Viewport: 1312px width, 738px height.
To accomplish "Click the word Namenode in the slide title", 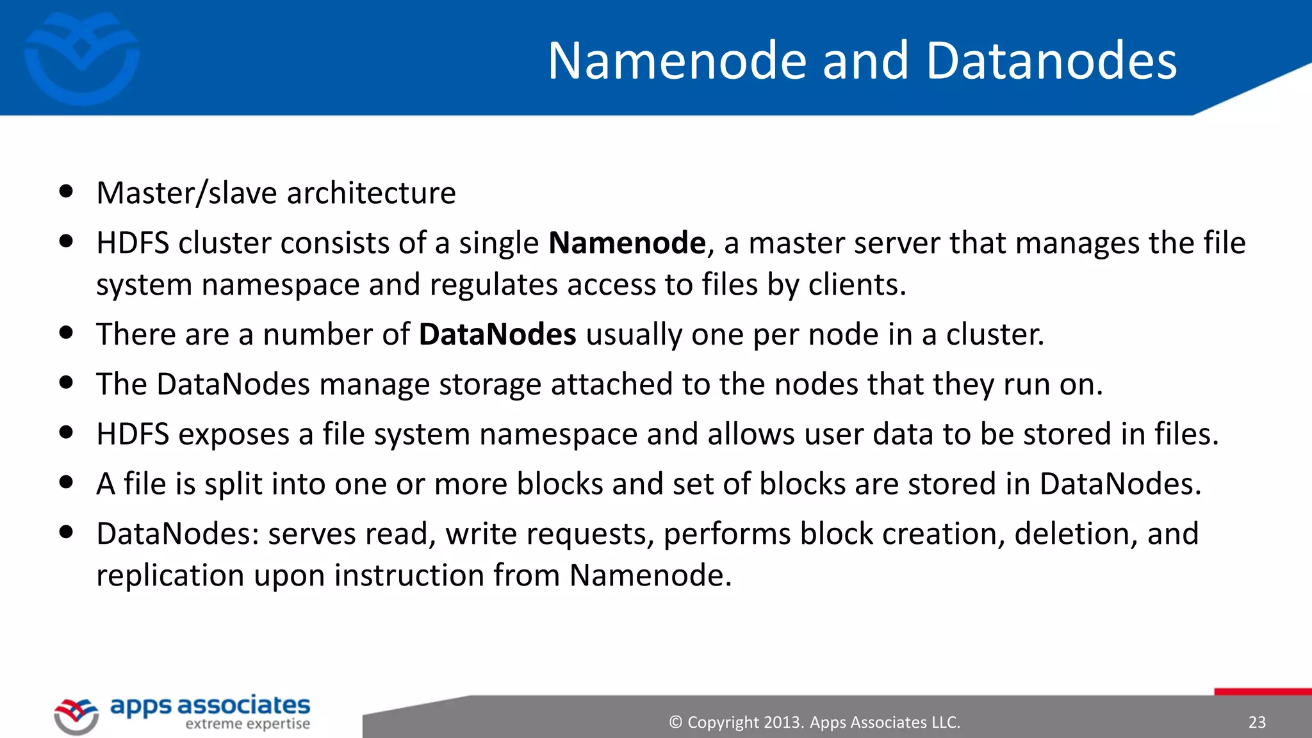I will pos(677,61).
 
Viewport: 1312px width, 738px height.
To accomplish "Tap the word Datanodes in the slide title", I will pos(1051,61).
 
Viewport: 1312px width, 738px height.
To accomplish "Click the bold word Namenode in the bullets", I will pos(627,243).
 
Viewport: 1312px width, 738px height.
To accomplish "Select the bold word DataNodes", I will pos(497,334).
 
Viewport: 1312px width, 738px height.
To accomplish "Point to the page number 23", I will pos(1257,723).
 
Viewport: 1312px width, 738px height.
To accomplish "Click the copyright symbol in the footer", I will pos(675,723).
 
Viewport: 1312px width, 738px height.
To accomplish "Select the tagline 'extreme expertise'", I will pos(247,725).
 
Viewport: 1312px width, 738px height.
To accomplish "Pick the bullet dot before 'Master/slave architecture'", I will pos(66,192).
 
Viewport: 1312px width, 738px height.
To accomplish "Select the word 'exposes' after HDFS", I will pos(234,435).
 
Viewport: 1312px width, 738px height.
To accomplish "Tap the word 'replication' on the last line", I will pos(170,576).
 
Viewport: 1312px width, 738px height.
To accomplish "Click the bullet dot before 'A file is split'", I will pos(66,482).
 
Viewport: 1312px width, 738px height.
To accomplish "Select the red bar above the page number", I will pos(1263,692).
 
